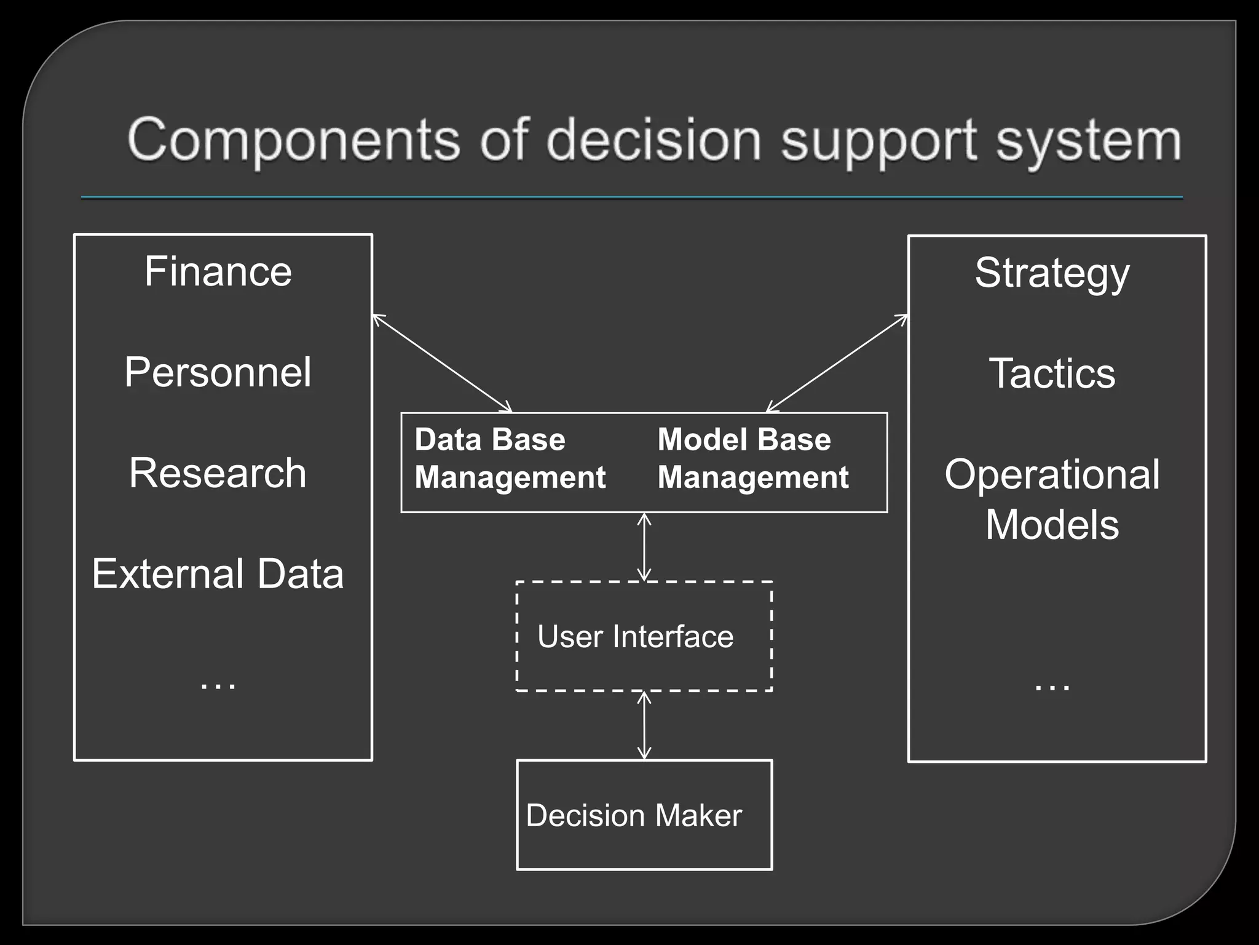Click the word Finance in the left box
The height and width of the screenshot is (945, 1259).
point(218,271)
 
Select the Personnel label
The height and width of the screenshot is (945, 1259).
point(218,372)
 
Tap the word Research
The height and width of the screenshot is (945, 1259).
point(218,473)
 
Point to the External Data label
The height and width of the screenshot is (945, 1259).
point(218,574)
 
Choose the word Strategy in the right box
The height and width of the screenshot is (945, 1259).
point(1052,273)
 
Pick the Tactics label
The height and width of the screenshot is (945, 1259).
point(1052,373)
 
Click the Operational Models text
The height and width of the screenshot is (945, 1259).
point(1052,499)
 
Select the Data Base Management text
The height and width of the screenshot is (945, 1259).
point(510,459)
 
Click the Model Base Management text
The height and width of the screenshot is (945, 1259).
point(753,459)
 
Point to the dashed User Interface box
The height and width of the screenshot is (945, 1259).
point(644,636)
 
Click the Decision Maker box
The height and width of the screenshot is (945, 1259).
point(644,815)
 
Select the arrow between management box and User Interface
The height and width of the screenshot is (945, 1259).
point(644,547)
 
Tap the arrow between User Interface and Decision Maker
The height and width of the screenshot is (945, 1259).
point(644,725)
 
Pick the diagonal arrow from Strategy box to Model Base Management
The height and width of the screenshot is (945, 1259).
point(837,363)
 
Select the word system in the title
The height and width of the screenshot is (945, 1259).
point(1088,142)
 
